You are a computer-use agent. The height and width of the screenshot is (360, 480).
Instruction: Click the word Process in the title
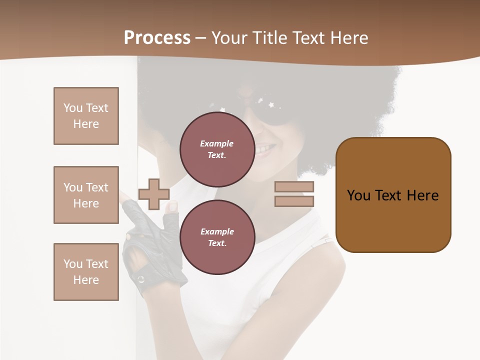tap(157, 38)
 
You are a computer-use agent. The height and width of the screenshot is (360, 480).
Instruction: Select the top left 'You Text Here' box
tap(86, 116)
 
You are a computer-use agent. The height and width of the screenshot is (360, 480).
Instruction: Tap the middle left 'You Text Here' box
tap(86, 195)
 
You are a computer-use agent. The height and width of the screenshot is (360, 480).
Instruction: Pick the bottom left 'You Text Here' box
tap(86, 272)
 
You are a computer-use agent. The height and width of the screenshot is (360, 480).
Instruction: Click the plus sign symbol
tap(153, 194)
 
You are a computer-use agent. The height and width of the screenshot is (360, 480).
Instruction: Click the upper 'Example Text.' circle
tap(217, 149)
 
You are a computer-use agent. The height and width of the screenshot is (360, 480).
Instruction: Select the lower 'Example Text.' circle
tap(217, 237)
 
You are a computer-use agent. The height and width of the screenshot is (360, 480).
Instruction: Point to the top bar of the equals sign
tap(294, 186)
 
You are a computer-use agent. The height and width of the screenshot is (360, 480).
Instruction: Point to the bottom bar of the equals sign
tap(294, 201)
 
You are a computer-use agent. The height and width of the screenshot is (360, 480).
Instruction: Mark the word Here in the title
tap(348, 38)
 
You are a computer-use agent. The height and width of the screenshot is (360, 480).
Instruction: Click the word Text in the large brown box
tap(388, 195)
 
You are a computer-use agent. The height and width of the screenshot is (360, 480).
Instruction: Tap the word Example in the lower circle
tap(217, 231)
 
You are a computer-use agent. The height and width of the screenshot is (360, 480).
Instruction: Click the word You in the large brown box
tap(358, 195)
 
